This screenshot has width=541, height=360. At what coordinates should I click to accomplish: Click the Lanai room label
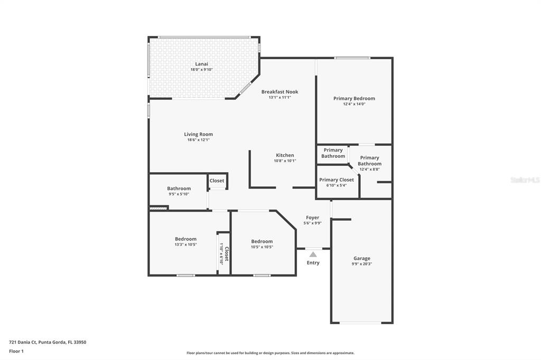pos(201,64)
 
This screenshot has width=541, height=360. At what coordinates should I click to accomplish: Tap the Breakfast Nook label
pos(280,92)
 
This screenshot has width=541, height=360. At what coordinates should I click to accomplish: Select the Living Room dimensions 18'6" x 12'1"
pos(199,140)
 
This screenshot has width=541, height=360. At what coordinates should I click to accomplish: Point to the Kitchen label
pos(285,155)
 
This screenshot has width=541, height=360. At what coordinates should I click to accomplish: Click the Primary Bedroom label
pos(354,98)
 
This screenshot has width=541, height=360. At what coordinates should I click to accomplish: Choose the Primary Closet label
pos(337,179)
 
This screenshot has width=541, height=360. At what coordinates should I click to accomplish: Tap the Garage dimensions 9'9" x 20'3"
pos(361,264)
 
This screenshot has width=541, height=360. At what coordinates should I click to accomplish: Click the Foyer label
pos(313,217)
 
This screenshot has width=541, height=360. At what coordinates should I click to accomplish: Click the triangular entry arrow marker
pos(313,254)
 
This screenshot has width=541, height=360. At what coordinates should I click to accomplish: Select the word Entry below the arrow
pos(313,263)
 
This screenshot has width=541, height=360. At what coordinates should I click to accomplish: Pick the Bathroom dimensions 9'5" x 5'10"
pos(179,194)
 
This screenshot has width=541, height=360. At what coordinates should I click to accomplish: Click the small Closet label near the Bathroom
pos(217,181)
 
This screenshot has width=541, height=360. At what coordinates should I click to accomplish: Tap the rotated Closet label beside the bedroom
pos(227,254)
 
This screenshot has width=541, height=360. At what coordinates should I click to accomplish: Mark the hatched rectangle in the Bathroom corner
pos(158,208)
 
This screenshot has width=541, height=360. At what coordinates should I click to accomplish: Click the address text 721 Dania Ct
pos(23,343)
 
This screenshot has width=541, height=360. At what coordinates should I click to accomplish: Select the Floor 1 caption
pos(16,352)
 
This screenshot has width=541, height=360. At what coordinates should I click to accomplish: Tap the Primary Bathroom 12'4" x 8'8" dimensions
pos(369,169)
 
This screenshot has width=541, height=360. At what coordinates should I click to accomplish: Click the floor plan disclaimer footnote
pos(270,353)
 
